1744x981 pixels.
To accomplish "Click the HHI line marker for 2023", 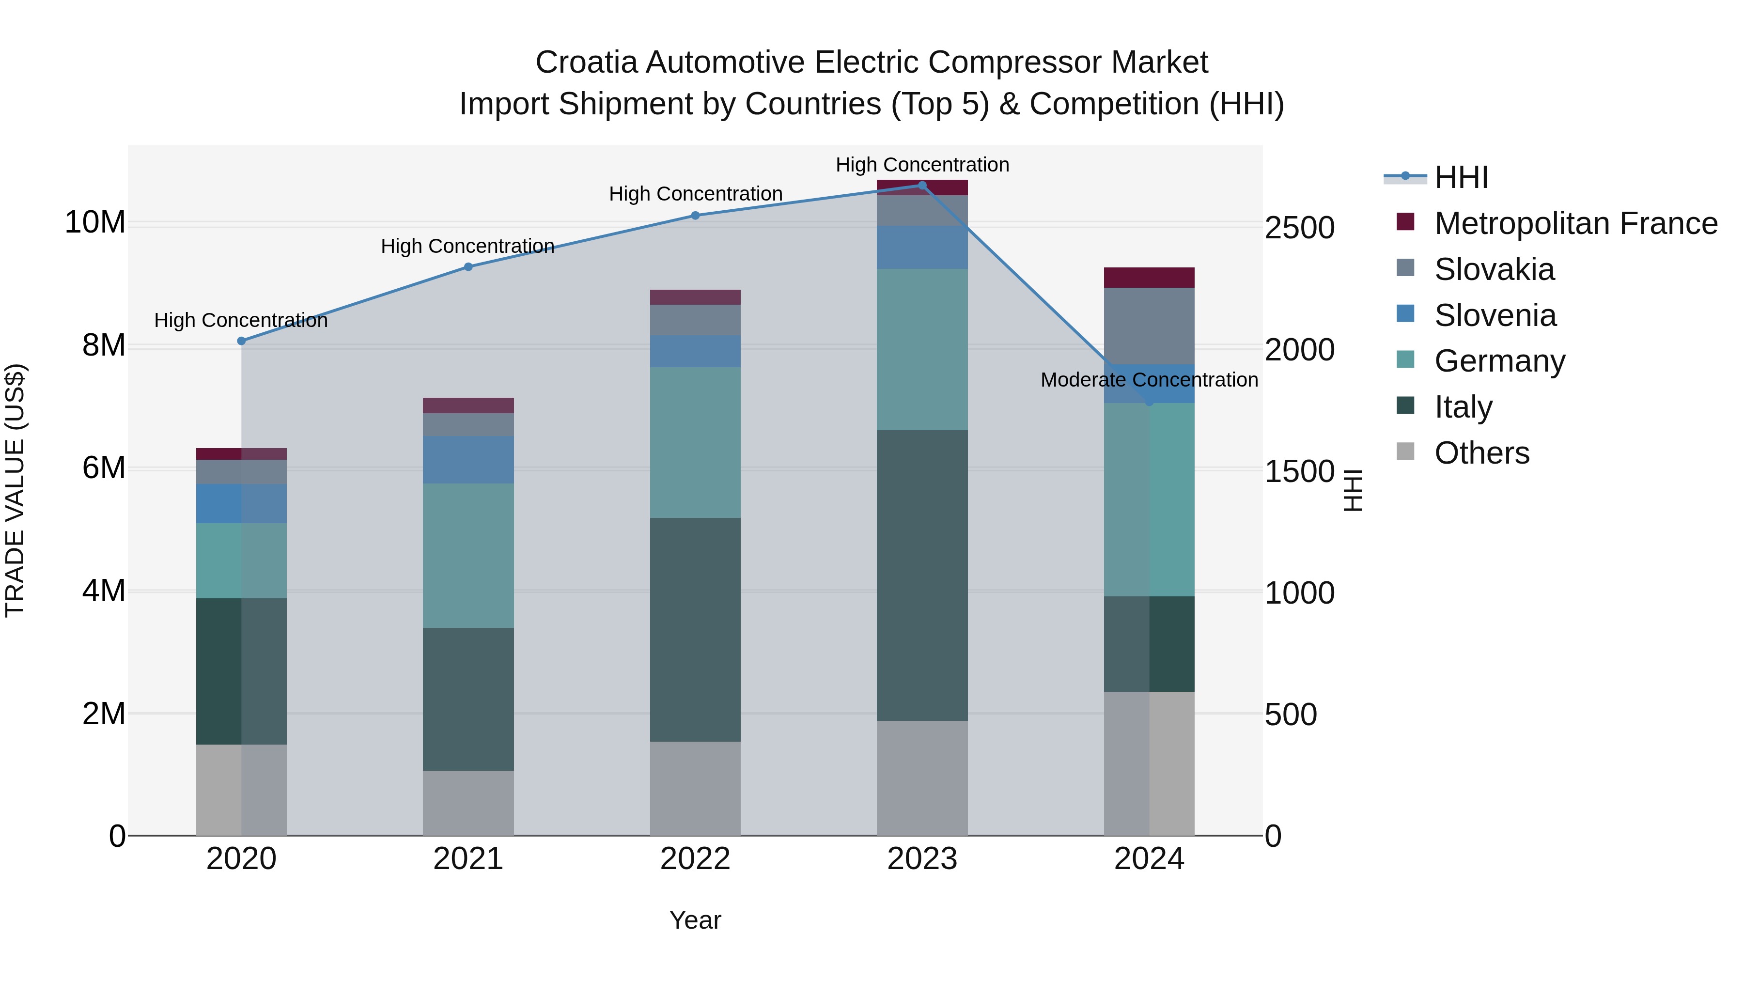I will [921, 185].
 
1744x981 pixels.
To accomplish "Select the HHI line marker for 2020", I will [241, 341].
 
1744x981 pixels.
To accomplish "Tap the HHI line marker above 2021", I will [468, 267].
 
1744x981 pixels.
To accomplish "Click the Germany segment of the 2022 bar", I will [695, 442].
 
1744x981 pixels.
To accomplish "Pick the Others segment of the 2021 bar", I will [468, 802].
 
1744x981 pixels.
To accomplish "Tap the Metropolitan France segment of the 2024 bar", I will [1149, 278].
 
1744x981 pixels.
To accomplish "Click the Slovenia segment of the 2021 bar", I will [468, 459].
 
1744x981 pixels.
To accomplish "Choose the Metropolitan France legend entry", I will [1575, 223].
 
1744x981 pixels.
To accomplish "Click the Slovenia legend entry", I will [1495, 315].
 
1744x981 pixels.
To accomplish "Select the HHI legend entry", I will [1461, 177].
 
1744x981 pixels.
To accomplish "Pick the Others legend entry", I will [1481, 453].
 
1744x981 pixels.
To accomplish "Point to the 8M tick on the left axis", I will [104, 345].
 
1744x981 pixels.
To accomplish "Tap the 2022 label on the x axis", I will [695, 859].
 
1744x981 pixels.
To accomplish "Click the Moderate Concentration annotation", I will [1149, 380].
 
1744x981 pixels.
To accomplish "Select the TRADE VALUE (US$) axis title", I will [15, 490].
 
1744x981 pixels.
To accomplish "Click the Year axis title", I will [695, 920].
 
